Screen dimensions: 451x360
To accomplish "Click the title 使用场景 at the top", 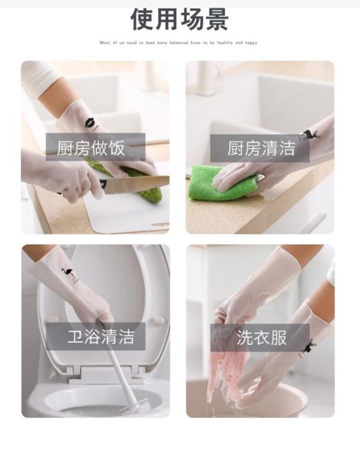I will coord(179,19).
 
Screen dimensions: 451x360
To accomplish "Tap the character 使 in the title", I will coord(143,19).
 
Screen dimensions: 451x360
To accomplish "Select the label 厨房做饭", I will coord(96,147).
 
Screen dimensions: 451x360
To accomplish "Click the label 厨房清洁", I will coord(261,147).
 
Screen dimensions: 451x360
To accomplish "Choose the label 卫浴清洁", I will coord(96,337).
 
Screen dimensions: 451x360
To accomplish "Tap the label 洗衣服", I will coord(261,337).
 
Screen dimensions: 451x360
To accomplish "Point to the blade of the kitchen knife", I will coord(138,183).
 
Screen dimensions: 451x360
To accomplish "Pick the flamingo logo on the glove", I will coord(69,273).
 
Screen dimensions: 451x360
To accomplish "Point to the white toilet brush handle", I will coord(115,367).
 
